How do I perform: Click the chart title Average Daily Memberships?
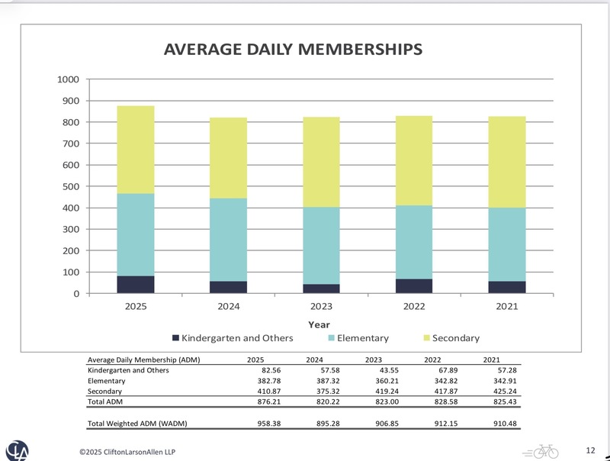click(294, 50)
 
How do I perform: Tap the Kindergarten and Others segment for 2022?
click(414, 286)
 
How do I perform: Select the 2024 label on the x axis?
click(229, 306)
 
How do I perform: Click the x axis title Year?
click(319, 324)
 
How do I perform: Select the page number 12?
click(591, 449)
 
